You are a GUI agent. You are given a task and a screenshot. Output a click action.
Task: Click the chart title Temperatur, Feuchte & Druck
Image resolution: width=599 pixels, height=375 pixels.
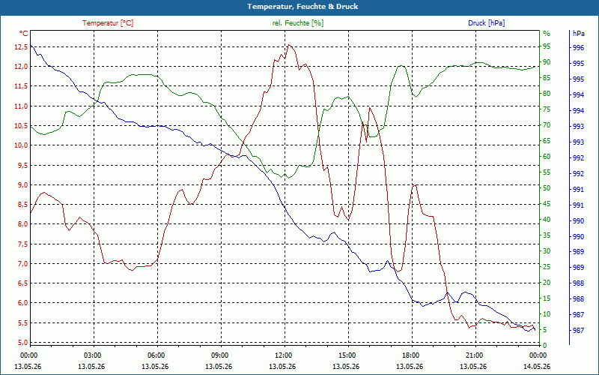click(x=302, y=7)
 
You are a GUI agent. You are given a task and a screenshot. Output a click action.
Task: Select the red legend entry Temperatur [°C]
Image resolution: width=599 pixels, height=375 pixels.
click(x=108, y=23)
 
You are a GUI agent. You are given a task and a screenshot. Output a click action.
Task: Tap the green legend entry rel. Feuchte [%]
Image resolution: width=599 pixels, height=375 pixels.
click(x=298, y=23)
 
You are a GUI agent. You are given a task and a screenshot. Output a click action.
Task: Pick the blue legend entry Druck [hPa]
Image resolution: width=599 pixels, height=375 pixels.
click(x=486, y=23)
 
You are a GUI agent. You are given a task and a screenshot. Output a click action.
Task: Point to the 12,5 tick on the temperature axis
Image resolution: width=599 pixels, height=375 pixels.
click(x=21, y=47)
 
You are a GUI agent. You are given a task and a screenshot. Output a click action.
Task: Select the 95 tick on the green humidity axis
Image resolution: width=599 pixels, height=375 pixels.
click(x=547, y=46)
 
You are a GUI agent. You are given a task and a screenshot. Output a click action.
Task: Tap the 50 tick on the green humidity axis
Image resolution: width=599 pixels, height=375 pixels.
click(x=547, y=188)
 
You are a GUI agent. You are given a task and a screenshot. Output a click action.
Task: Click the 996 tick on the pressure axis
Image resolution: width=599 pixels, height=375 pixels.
click(x=578, y=48)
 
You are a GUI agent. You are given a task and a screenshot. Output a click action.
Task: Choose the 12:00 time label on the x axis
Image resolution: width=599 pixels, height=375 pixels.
click(x=283, y=355)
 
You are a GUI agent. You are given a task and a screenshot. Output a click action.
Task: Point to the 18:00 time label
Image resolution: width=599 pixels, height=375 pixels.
click(x=410, y=355)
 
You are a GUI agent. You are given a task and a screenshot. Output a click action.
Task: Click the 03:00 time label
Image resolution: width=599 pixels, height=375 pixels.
click(x=92, y=355)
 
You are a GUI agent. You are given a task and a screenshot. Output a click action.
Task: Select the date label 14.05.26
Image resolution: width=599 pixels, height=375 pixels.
click(x=537, y=366)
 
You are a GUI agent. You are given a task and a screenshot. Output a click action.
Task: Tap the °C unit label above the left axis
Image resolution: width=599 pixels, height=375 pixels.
click(x=24, y=34)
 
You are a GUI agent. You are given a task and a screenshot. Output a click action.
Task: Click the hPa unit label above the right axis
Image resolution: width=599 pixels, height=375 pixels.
click(x=578, y=34)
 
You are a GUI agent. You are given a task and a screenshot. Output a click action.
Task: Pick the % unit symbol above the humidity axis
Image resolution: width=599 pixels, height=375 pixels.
click(x=547, y=34)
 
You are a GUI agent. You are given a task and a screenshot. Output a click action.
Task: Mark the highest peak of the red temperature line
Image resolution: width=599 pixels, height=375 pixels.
click(x=289, y=45)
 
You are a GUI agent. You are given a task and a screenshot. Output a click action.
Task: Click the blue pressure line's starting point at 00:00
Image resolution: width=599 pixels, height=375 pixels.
click(x=31, y=45)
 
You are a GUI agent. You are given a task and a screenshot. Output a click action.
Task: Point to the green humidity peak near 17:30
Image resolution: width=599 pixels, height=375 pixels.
click(x=401, y=65)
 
